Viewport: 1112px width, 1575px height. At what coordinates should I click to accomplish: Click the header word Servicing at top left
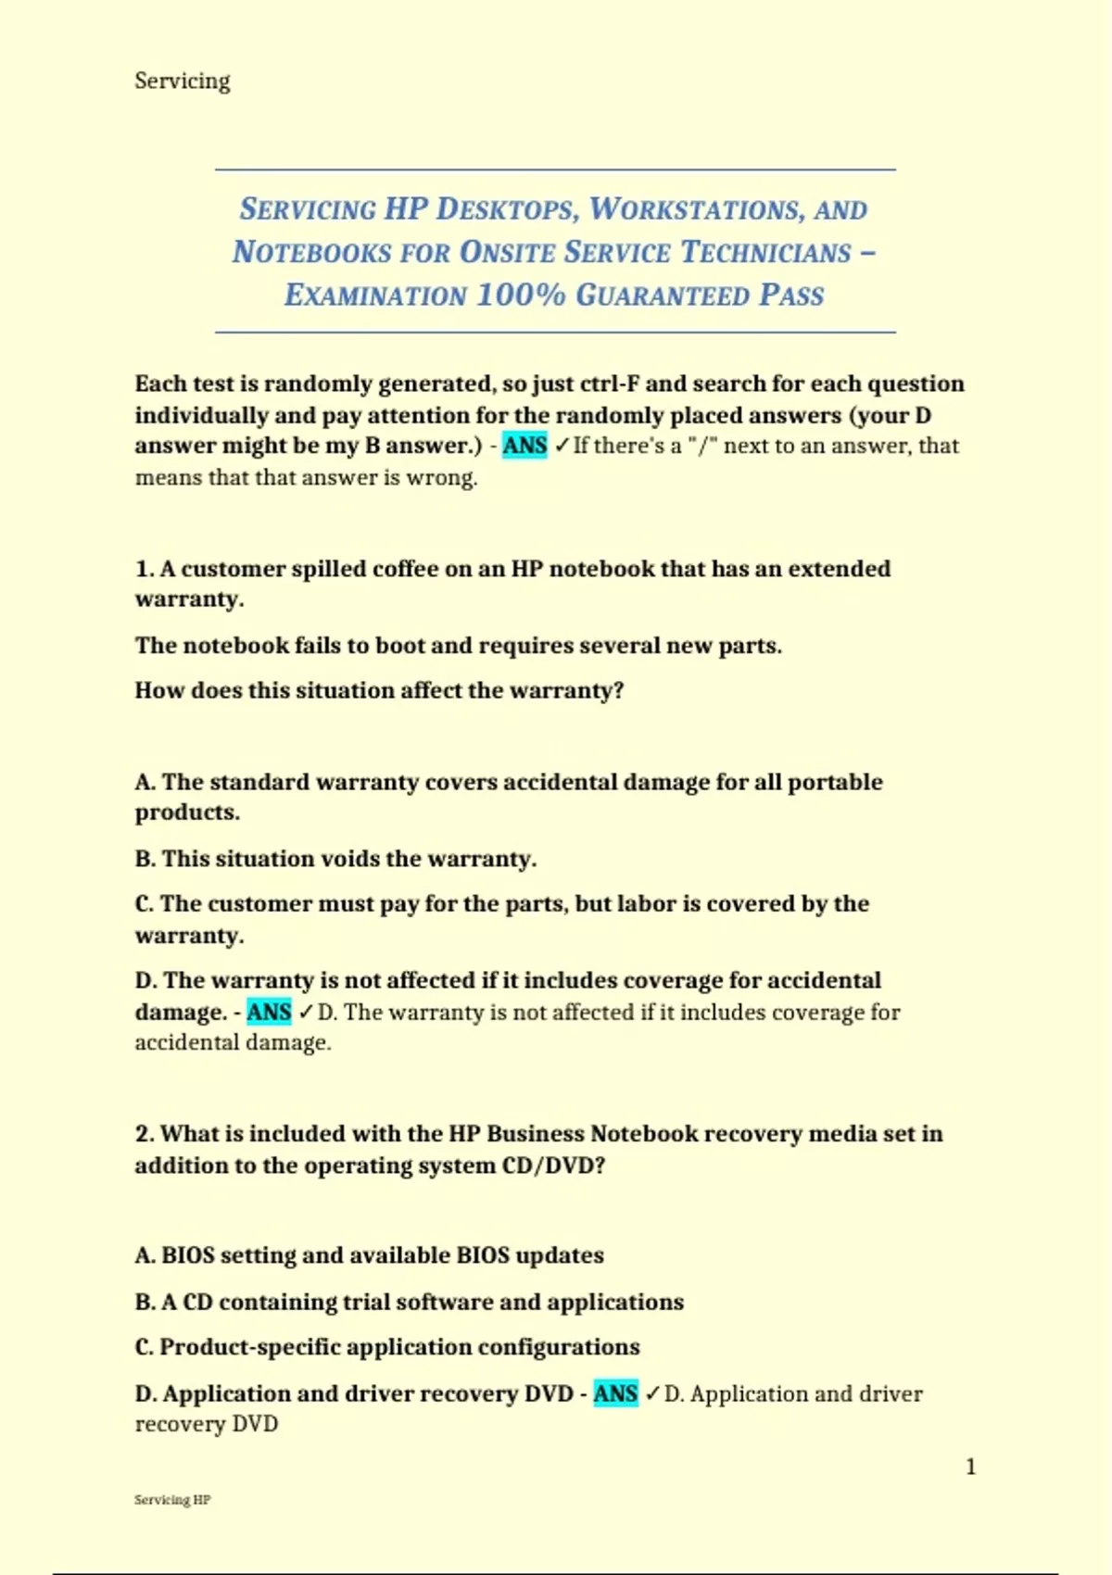pyautogui.click(x=183, y=81)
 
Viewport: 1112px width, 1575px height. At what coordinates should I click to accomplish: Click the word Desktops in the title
pyautogui.click(x=507, y=209)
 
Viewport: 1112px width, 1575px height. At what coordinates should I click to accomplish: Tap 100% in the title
pyautogui.click(x=521, y=296)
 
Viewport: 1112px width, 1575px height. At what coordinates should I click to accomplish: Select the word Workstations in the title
pyautogui.click(x=696, y=209)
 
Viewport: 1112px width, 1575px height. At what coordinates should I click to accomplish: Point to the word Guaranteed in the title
pyautogui.click(x=663, y=296)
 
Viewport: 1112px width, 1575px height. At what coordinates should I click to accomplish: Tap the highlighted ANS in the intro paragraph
pyautogui.click(x=524, y=446)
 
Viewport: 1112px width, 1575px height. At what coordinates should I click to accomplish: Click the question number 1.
pyautogui.click(x=144, y=569)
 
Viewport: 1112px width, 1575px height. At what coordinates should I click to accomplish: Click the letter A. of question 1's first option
pyautogui.click(x=145, y=782)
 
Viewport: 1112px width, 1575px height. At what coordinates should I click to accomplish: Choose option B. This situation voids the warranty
pyautogui.click(x=335, y=859)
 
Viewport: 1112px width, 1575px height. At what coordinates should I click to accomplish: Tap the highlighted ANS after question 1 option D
pyautogui.click(x=269, y=1012)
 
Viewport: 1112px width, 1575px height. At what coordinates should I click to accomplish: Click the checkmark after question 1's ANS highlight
pyautogui.click(x=305, y=1013)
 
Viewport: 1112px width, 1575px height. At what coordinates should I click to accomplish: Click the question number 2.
pyautogui.click(x=144, y=1134)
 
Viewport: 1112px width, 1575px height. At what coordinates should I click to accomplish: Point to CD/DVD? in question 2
pyautogui.click(x=553, y=1165)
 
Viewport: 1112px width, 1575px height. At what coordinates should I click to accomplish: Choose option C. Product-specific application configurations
pyautogui.click(x=387, y=1347)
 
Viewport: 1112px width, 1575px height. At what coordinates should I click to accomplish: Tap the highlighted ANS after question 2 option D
pyautogui.click(x=615, y=1393)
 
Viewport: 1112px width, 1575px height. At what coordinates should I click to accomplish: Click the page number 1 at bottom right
pyautogui.click(x=970, y=1467)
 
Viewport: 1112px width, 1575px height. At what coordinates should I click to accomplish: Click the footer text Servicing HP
pyautogui.click(x=172, y=1500)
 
